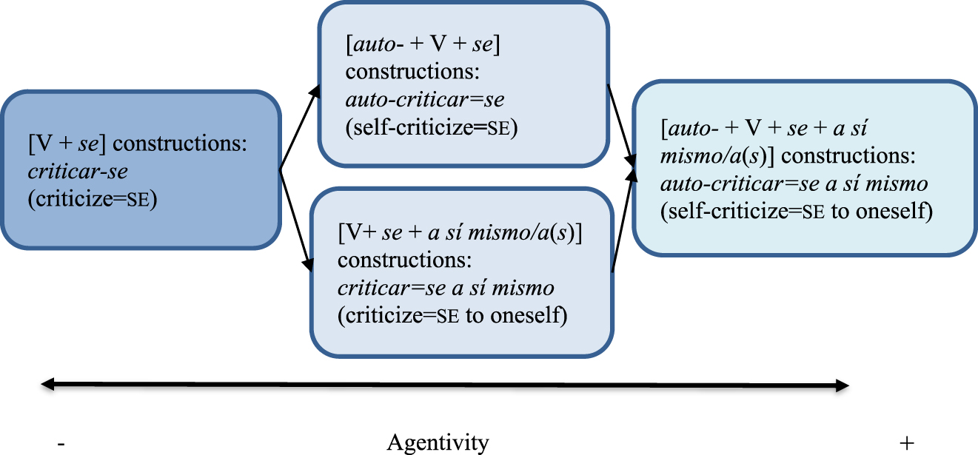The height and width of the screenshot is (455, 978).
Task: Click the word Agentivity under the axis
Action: pyautogui.click(x=438, y=442)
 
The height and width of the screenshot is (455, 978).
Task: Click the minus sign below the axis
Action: pyautogui.click(x=61, y=442)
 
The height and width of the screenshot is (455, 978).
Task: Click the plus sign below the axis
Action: pyautogui.click(x=906, y=442)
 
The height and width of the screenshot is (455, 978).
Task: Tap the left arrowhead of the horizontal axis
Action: pyautogui.click(x=47, y=384)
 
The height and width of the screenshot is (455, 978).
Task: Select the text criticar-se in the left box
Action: pyautogui.click(x=78, y=172)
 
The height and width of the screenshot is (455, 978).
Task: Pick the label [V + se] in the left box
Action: pyautogui.click(x=64, y=144)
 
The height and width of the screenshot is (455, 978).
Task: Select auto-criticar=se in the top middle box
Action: pyautogui.click(x=425, y=101)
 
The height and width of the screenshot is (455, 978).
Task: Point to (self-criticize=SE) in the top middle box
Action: pyautogui.click(x=431, y=127)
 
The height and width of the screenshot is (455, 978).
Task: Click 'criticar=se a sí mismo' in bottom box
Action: pyautogui.click(x=446, y=288)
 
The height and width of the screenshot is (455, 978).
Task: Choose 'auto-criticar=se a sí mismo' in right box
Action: pyautogui.click(x=794, y=183)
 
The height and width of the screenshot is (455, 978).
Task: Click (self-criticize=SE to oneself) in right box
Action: pyautogui.click(x=796, y=211)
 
